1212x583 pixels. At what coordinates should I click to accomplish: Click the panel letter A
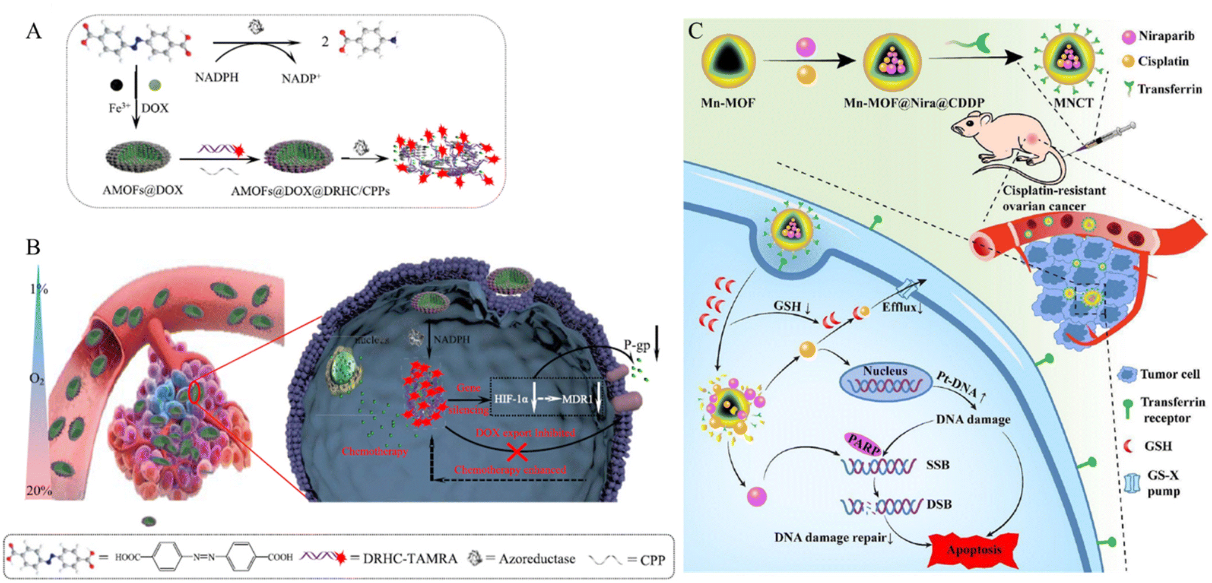34,30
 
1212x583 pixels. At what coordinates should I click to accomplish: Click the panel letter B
33,246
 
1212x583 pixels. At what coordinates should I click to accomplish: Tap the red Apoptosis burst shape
973,550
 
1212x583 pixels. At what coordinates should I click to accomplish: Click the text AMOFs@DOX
142,190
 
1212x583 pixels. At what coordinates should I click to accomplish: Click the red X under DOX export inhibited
517,452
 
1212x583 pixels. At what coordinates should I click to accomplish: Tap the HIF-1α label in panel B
511,399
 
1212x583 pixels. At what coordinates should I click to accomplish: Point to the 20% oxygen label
39,491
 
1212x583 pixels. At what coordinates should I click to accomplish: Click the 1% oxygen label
39,289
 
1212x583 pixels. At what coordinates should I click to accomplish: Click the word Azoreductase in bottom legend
537,559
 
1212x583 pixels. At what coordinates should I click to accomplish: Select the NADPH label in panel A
217,77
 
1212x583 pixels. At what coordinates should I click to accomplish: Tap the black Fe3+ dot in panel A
117,85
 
